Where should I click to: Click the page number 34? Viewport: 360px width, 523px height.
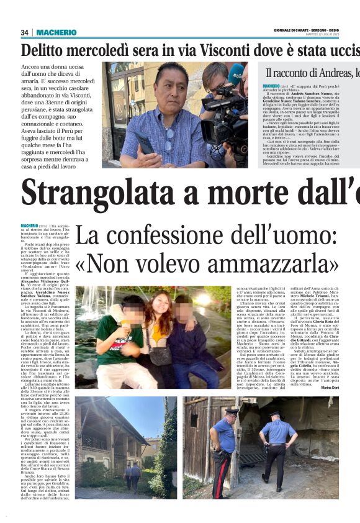(25, 32)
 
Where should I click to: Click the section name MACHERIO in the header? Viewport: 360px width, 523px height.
(56, 32)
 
